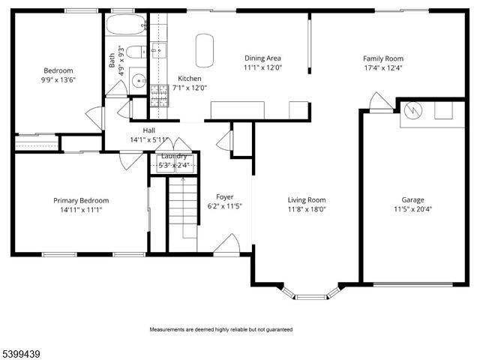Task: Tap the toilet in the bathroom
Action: click(133, 52)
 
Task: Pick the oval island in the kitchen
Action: click(205, 50)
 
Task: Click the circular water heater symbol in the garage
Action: click(412, 111)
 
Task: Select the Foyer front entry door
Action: click(228, 244)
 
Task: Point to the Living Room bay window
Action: click(310, 293)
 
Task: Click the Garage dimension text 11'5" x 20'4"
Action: click(412, 209)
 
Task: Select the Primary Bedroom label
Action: click(81, 200)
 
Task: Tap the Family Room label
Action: click(383, 58)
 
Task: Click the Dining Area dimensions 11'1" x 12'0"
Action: click(262, 67)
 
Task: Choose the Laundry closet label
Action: click(174, 156)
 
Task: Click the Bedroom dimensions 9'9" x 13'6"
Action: click(58, 79)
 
